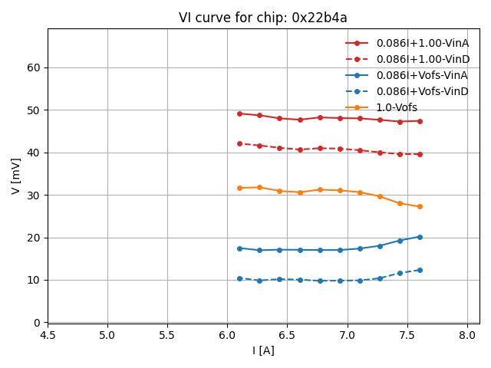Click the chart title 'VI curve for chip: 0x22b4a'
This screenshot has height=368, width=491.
coord(263,18)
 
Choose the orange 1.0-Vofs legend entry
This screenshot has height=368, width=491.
coord(397,107)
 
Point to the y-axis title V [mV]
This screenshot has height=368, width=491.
coord(16,176)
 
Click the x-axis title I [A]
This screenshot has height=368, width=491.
coord(263,350)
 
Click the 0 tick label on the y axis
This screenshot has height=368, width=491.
coord(38,323)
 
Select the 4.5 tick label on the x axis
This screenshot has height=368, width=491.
coord(48,335)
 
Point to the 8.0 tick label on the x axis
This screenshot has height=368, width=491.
coord(467,335)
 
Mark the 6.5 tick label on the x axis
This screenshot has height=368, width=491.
coord(288,335)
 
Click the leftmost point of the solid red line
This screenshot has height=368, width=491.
coord(239,113)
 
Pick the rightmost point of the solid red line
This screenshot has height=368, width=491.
coord(420,120)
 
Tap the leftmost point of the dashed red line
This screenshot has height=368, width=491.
coord(239,143)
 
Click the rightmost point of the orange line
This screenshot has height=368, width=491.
coord(420,206)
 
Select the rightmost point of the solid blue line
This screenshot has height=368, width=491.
coord(420,237)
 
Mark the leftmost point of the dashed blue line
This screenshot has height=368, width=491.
coord(239,278)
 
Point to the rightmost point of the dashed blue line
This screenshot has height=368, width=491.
coord(420,270)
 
